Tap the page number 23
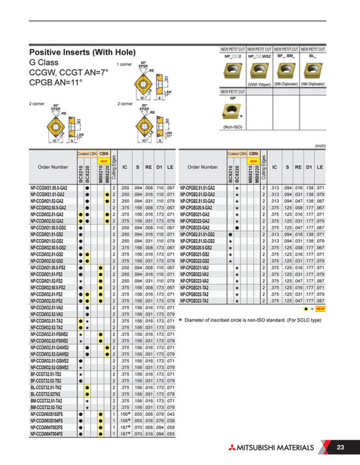[341, 447]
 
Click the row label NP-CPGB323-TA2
[197, 300]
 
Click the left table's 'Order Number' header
[53, 167]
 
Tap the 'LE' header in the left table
[171, 167]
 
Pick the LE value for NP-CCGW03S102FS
[171, 414]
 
